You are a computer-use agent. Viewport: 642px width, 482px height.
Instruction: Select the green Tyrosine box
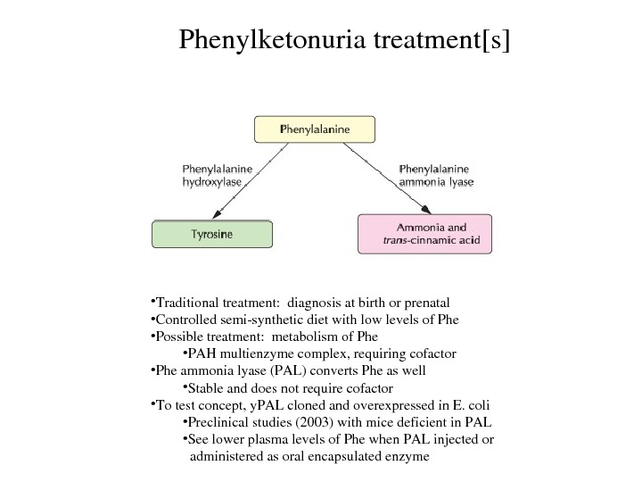(212, 234)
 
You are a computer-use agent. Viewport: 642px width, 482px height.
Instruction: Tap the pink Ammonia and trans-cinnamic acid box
(424, 234)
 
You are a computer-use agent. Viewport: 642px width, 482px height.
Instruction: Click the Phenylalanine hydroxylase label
(217, 174)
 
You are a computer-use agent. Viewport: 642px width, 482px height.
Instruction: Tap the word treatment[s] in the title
(434, 40)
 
